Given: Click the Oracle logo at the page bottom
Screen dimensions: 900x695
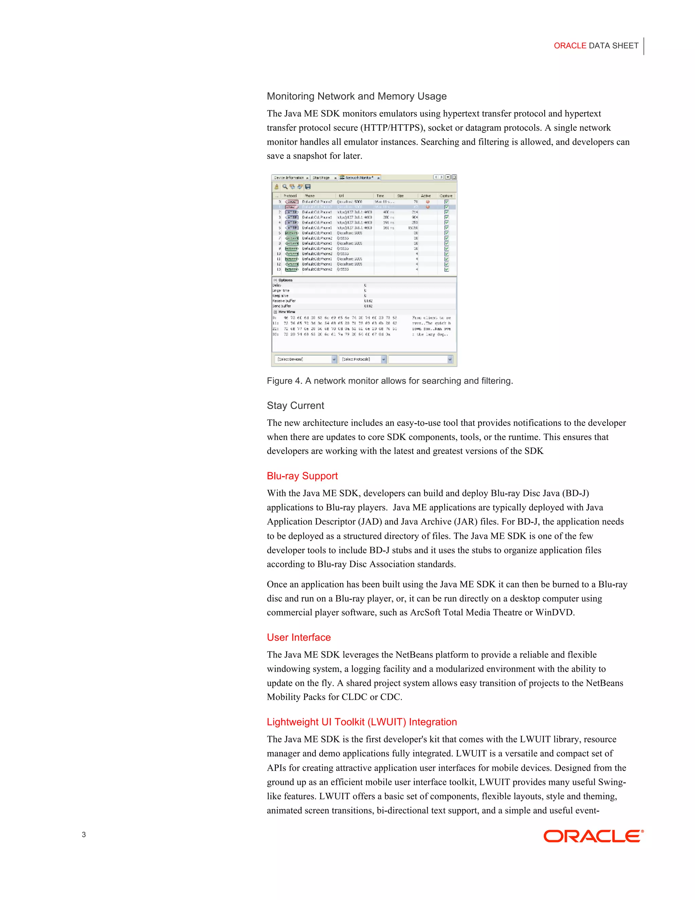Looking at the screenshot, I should (x=593, y=836).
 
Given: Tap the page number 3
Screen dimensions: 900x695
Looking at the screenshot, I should (x=84, y=834).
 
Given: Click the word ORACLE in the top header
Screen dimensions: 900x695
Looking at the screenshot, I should (x=569, y=46).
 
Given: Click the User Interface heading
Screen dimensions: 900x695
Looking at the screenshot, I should (x=299, y=637).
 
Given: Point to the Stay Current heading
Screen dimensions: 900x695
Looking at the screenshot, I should (x=295, y=406).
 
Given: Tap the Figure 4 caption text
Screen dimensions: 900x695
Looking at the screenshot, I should (x=390, y=381).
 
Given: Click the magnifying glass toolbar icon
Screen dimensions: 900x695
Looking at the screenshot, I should (x=284, y=187).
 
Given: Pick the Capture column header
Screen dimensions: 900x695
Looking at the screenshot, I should (x=446, y=196).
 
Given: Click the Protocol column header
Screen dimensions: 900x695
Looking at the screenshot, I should (x=290, y=196).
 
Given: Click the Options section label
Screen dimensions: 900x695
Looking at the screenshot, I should (x=285, y=280).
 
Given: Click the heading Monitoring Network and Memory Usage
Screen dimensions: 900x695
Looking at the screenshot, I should (x=357, y=96).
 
